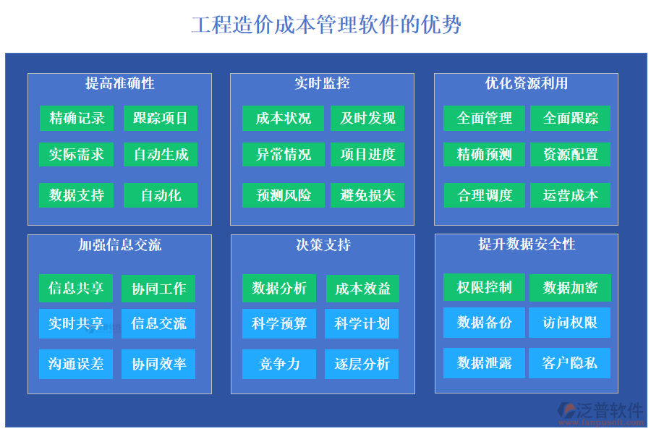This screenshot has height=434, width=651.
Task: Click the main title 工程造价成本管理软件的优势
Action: [x=325, y=25]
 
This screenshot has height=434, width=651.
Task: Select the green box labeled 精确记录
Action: [x=77, y=118]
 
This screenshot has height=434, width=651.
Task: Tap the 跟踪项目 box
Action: [x=160, y=118]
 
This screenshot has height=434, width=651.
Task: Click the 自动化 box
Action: [x=160, y=195]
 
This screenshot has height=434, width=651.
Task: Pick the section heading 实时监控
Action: [x=322, y=83]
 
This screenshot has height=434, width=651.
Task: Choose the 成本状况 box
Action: [x=283, y=118]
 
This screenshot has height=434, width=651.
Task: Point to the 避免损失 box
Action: [x=367, y=195]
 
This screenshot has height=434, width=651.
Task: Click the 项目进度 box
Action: [x=367, y=154]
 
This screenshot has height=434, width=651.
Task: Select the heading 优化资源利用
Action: [x=526, y=83]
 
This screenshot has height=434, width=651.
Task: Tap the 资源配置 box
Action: [x=570, y=154]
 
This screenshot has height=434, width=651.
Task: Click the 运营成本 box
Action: [x=570, y=195]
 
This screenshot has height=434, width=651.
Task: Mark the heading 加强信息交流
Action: [x=119, y=245]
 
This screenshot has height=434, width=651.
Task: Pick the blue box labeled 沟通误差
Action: [x=76, y=364]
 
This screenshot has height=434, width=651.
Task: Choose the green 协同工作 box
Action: [x=158, y=289]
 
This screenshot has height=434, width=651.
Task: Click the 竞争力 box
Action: [x=279, y=364]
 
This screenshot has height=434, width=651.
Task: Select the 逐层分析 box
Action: [x=362, y=364]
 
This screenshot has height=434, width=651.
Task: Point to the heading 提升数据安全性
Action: [x=526, y=244]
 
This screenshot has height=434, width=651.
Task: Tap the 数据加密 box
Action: [x=570, y=287]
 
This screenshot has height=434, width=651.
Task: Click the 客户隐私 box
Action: [x=569, y=363]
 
